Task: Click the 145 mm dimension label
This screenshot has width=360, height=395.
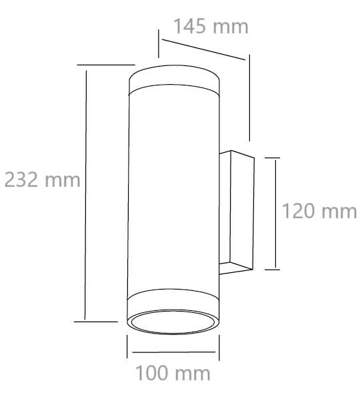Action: (x=211, y=26)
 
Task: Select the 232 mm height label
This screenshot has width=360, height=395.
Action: (x=42, y=179)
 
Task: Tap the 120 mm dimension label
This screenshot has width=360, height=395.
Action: (x=319, y=211)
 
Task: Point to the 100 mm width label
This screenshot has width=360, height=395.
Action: (x=173, y=373)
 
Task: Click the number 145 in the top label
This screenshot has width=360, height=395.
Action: (x=190, y=26)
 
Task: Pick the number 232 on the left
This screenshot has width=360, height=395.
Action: (x=21, y=179)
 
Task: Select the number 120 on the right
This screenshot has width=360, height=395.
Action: (x=298, y=211)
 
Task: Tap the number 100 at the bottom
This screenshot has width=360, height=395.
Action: (x=152, y=373)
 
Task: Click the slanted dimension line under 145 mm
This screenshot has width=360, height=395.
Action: (x=203, y=49)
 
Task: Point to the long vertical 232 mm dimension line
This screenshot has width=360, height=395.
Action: (x=85, y=195)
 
